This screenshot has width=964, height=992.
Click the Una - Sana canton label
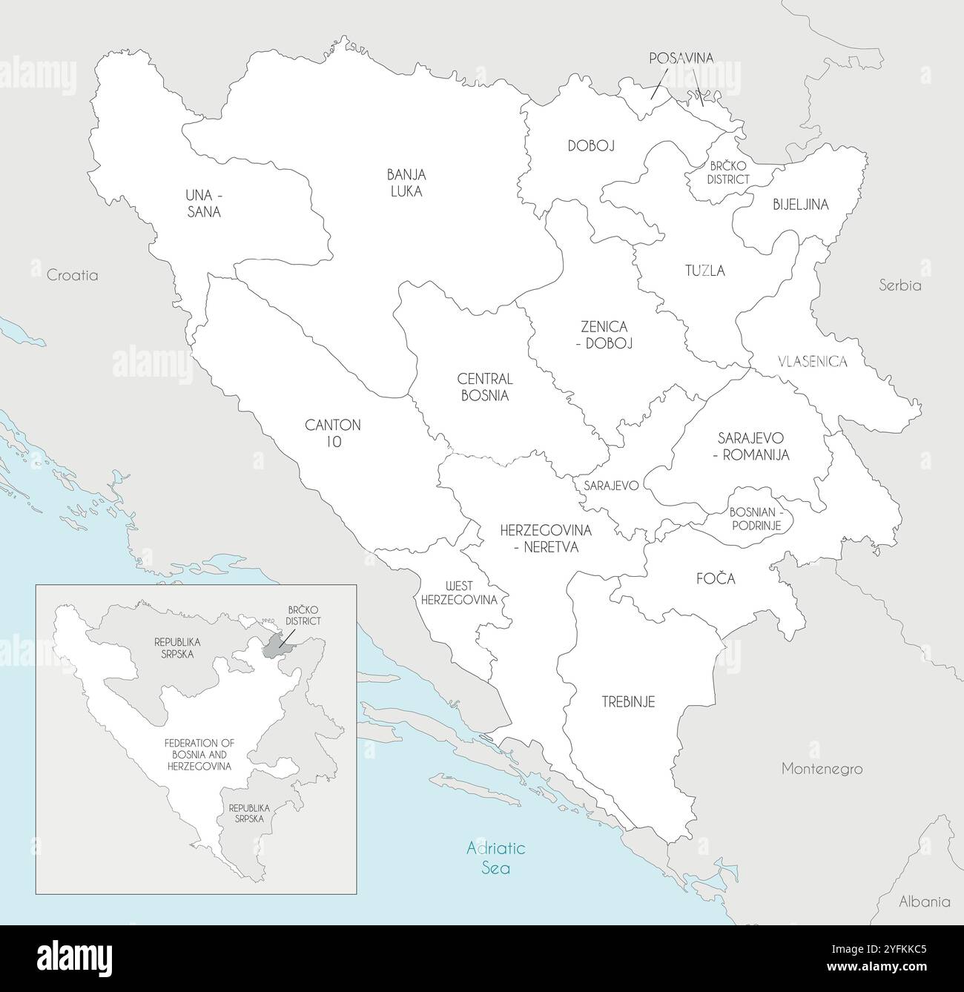click(204, 203)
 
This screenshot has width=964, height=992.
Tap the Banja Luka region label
click(406, 182)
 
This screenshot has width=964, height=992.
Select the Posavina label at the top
click(681, 58)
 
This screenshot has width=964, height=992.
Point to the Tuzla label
click(704, 271)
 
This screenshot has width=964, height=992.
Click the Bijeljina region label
click(800, 203)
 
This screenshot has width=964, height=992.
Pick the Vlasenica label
click(813, 362)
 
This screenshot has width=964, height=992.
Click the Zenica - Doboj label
click(604, 334)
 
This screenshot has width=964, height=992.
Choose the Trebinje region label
click(627, 701)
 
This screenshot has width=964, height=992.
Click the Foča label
click(716, 579)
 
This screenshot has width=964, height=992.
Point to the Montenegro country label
click(822, 769)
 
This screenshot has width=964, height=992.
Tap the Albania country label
click(924, 902)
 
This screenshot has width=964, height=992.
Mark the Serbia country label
click(899, 285)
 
